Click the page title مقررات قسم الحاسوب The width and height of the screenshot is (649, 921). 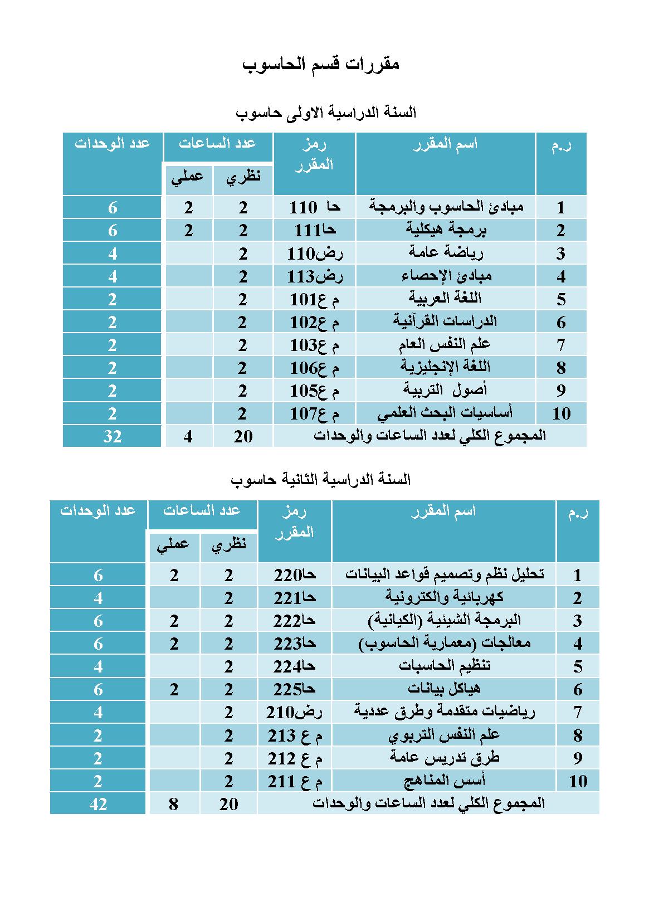(x=321, y=65)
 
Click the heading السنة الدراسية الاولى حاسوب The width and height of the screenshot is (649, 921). (x=326, y=113)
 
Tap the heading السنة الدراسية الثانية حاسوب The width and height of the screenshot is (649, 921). (x=320, y=479)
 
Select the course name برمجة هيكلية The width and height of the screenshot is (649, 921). (x=446, y=230)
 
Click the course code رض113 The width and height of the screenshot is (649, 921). (x=314, y=276)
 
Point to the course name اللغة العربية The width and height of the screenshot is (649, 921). (x=445, y=298)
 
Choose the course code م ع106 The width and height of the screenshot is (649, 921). (x=314, y=368)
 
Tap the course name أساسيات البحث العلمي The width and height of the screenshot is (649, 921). (x=445, y=413)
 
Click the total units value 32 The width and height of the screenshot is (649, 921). (x=113, y=436)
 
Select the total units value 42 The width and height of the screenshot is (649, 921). (x=98, y=803)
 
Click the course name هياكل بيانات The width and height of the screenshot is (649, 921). (x=444, y=689)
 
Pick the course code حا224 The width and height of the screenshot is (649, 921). (x=295, y=666)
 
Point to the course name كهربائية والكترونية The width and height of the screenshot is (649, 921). (x=444, y=597)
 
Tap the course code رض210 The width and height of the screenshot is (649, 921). (x=295, y=712)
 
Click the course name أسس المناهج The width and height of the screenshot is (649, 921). (x=444, y=781)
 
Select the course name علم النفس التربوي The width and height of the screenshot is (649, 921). (x=444, y=735)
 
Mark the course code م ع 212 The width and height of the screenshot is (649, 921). (x=295, y=758)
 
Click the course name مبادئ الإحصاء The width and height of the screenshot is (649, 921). (x=446, y=276)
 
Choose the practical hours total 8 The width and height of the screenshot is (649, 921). (x=174, y=803)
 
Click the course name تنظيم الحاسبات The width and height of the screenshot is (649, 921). (x=444, y=666)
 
